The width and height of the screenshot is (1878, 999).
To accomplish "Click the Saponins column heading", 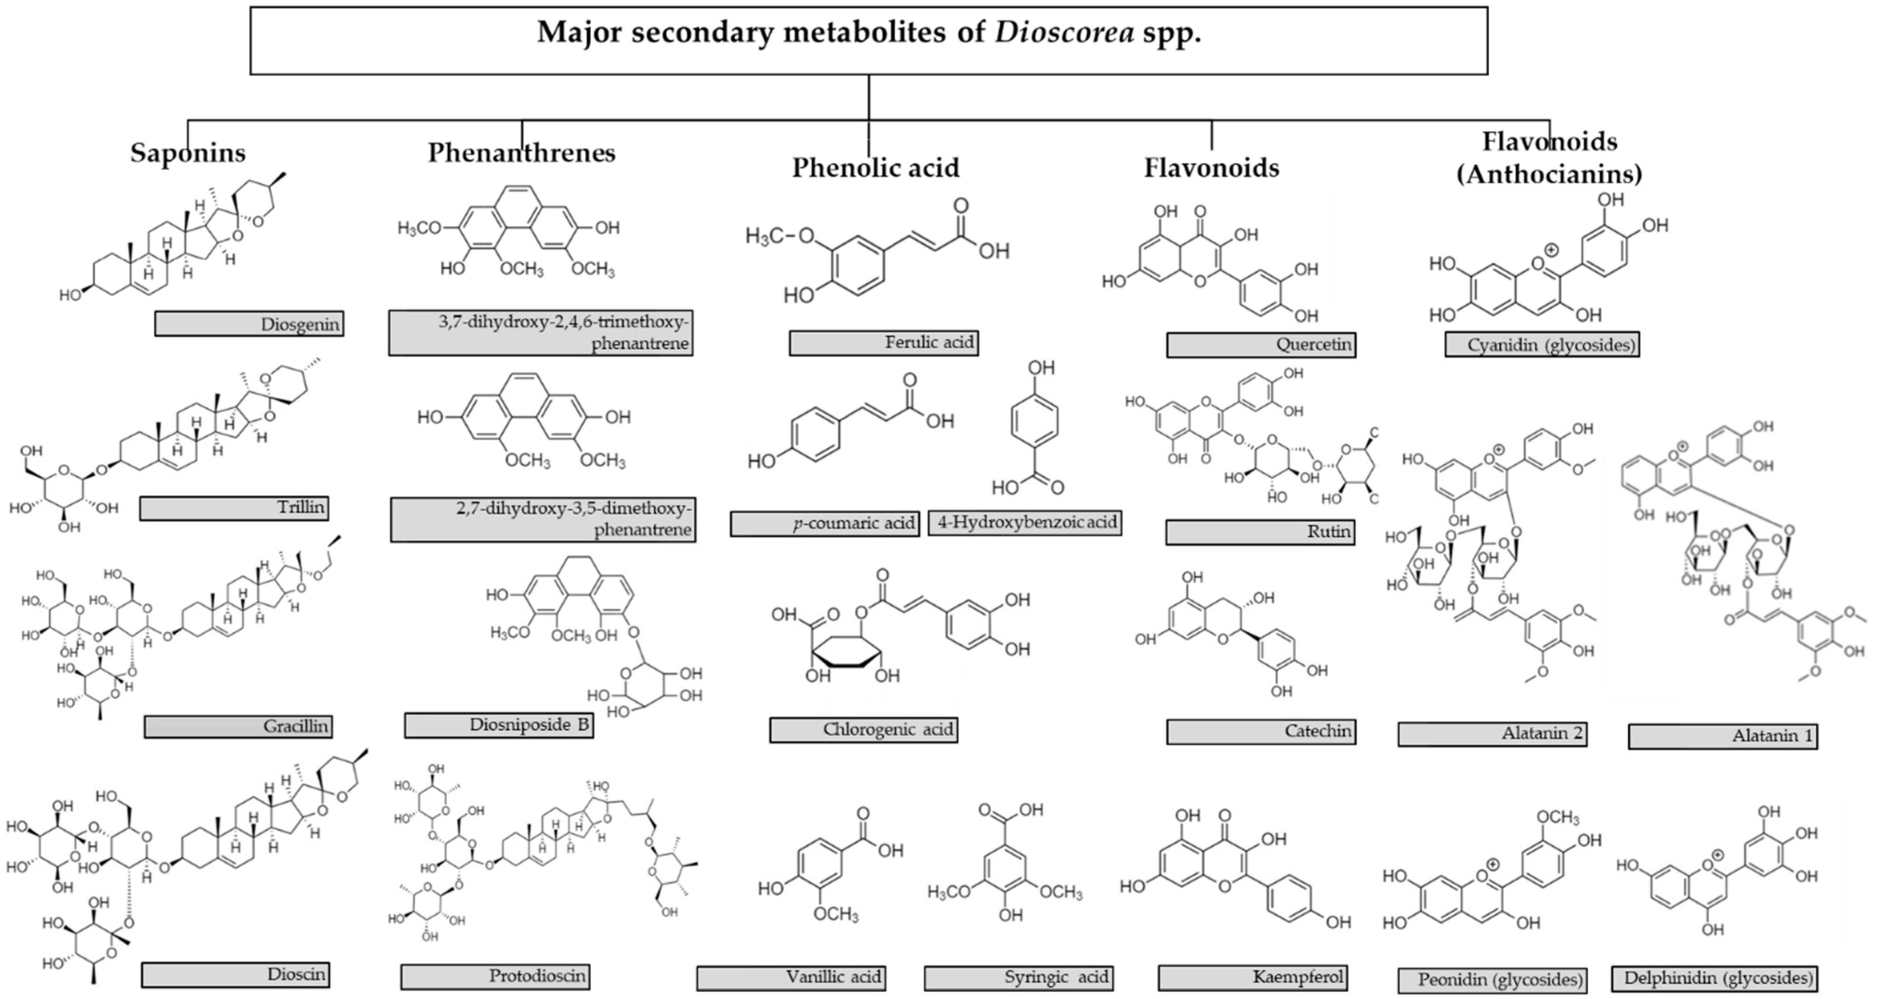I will coord(188,153).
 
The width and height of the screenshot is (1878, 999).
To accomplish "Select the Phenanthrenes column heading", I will coord(521,153).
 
